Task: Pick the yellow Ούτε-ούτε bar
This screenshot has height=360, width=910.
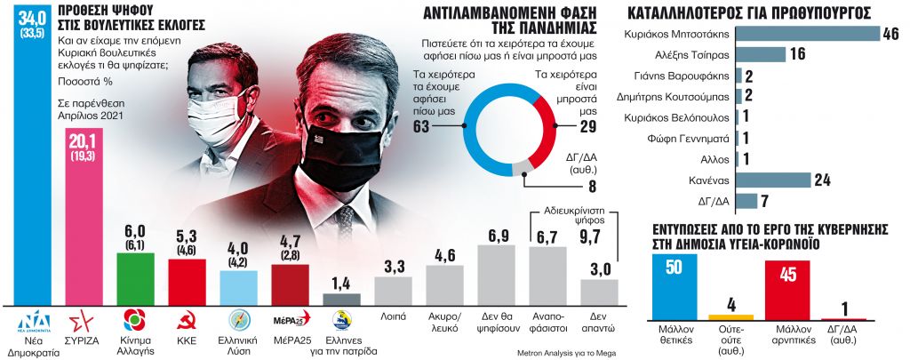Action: (730, 316)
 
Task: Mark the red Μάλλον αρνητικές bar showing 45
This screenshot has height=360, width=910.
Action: (786, 290)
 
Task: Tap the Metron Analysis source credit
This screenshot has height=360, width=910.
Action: (565, 353)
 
